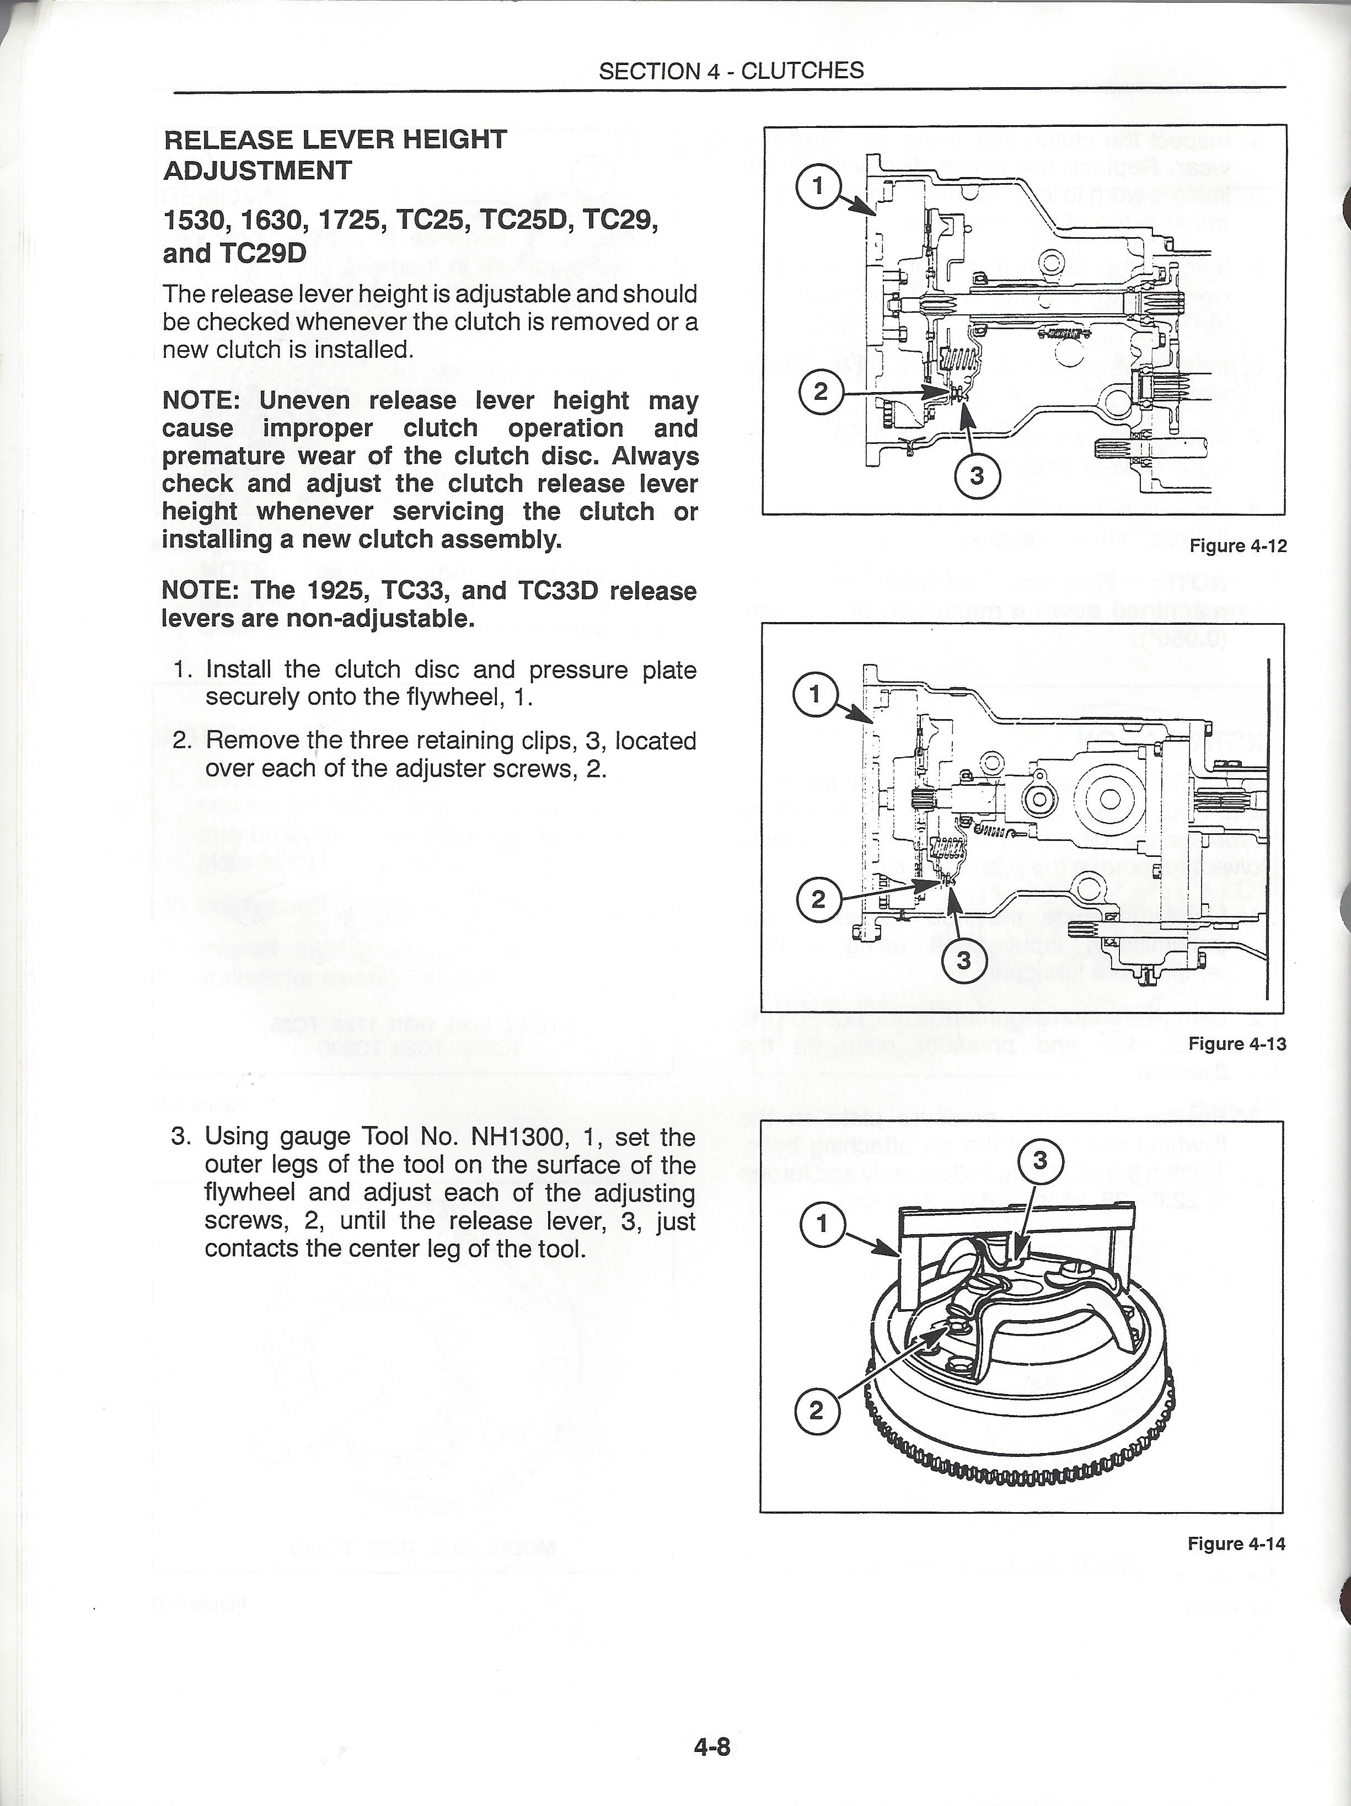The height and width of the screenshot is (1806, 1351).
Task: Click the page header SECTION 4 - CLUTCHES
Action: (731, 71)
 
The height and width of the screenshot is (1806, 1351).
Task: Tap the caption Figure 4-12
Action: (1237, 546)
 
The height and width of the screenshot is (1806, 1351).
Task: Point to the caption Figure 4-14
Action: (1236, 1543)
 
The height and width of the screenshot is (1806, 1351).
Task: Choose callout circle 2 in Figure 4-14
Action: (816, 1411)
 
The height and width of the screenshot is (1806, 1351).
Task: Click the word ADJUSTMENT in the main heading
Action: (258, 170)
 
